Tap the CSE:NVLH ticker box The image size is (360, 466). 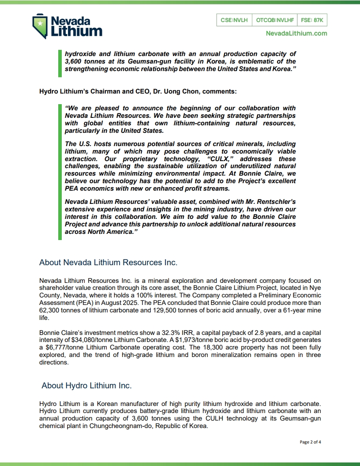tap(234, 20)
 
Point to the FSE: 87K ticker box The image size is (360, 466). tap(312, 20)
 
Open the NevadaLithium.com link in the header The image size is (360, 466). tap(296, 33)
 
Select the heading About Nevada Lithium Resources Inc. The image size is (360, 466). tap(108, 263)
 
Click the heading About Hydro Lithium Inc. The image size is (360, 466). tap(86, 385)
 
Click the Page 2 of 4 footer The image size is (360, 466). tap(310, 442)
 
